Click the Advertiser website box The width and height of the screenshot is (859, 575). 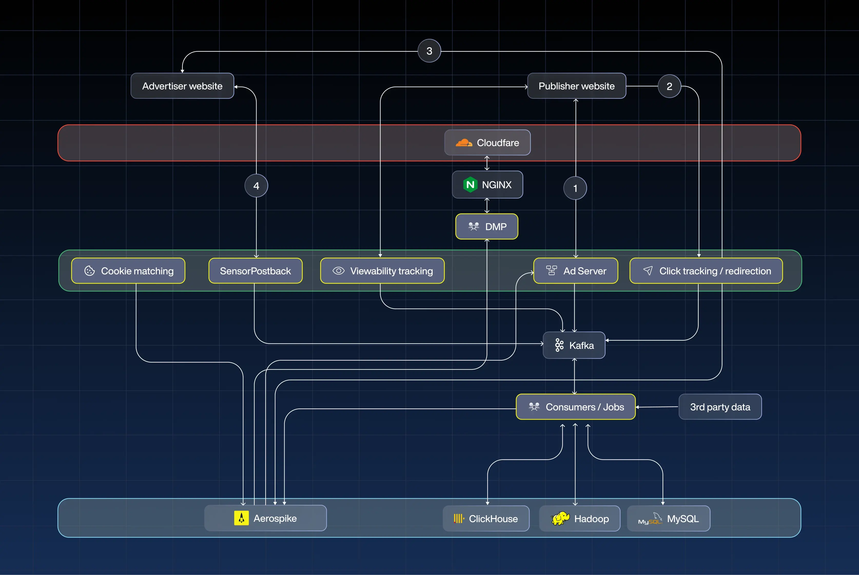click(182, 86)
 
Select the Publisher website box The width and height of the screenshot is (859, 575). click(577, 86)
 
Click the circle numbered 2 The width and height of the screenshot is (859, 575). click(669, 86)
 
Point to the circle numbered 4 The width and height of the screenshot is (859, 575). click(256, 186)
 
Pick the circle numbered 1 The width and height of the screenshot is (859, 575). click(575, 188)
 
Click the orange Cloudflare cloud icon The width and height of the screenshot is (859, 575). click(464, 143)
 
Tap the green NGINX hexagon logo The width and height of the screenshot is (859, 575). click(470, 185)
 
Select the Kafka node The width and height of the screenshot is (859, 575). click(574, 345)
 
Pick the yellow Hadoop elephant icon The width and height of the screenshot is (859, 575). click(560, 518)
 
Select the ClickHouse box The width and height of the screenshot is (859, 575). click(486, 519)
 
